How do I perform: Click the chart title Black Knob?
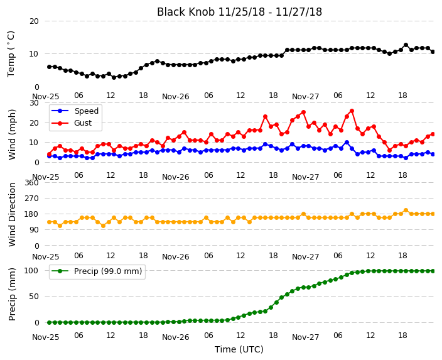185,12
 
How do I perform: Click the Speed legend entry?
75,111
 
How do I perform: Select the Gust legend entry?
72,123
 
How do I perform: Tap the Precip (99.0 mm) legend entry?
97,271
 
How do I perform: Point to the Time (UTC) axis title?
239,349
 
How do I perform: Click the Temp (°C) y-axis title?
11,54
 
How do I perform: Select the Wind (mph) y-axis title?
12,134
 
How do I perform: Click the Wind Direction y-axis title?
12,214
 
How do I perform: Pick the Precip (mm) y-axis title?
12,294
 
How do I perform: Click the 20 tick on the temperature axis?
34,21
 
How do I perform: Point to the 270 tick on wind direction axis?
31,199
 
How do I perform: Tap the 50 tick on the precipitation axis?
34,297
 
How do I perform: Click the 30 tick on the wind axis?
34,102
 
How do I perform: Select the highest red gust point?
352,111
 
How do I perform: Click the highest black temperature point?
406,45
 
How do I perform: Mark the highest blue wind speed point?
347,143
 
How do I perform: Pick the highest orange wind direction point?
406,210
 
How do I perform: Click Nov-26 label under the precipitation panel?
176,337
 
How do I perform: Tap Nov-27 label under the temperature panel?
306,97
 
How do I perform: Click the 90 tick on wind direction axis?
34,230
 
